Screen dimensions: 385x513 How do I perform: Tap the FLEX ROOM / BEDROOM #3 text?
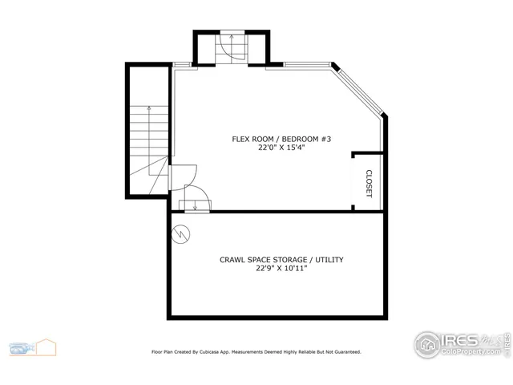(x=281, y=139)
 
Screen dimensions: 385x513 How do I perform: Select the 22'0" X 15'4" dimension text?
(x=281, y=148)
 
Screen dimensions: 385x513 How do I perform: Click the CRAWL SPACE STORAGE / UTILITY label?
(x=281, y=259)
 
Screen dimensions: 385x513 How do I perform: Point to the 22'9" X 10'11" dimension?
(x=281, y=269)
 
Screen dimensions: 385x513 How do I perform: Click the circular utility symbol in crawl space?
(x=181, y=234)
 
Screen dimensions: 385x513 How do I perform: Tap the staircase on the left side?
(x=148, y=144)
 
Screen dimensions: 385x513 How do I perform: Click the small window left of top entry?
(x=182, y=65)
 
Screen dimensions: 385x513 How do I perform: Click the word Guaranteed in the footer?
(x=344, y=351)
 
